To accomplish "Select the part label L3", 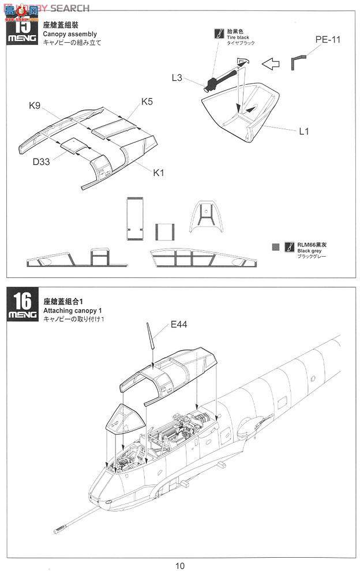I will coord(178,77).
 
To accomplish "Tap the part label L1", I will coord(304,131).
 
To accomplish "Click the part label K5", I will coord(147,102).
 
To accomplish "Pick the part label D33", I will coord(41,162).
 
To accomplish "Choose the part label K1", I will coord(159,172).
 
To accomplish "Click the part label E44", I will coord(179,325).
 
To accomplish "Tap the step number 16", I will coord(22,301).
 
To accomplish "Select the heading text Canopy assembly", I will coord(70,34).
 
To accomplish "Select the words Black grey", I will coord(309,250).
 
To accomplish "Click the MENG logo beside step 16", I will coord(22,315).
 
